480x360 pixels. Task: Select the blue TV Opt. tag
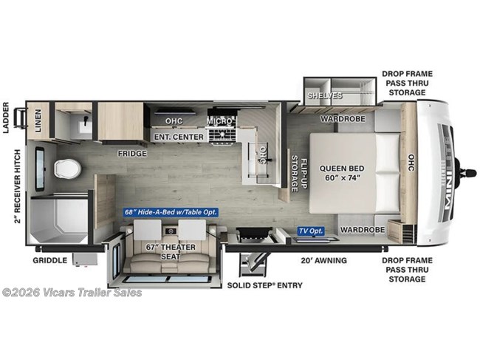(x=311, y=231)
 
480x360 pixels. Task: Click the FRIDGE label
(x=132, y=154)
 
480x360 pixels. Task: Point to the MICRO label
(x=219, y=120)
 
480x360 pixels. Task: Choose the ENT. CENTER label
(x=177, y=137)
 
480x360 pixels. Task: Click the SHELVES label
(x=326, y=96)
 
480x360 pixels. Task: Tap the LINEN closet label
(x=38, y=120)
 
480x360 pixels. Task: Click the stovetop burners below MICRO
(x=220, y=135)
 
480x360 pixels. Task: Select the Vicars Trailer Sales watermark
(x=72, y=292)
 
